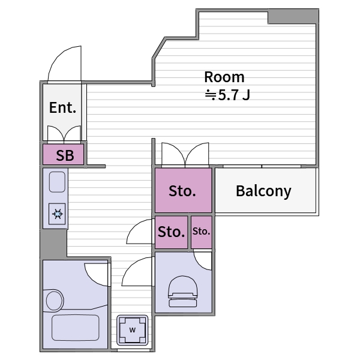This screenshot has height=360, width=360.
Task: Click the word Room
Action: pyautogui.click(x=224, y=77)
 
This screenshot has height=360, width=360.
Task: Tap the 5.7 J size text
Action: pyautogui.click(x=234, y=95)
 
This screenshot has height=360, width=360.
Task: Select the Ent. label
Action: pyautogui.click(x=62, y=107)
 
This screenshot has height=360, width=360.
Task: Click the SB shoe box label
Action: pyautogui.click(x=65, y=155)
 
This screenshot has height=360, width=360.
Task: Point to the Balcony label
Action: pyautogui.click(x=263, y=191)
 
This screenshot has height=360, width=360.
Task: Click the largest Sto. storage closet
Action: pyautogui.click(x=183, y=190)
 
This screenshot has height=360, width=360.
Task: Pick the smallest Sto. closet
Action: pyautogui.click(x=202, y=232)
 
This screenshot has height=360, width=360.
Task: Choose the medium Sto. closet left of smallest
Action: pyautogui.click(x=171, y=232)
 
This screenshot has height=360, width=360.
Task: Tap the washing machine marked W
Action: pyautogui.click(x=132, y=330)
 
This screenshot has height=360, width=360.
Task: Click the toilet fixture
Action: pyautogui.click(x=183, y=292)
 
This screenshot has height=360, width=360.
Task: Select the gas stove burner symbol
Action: pyautogui.click(x=57, y=214)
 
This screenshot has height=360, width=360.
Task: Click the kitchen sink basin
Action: pyautogui.click(x=57, y=182)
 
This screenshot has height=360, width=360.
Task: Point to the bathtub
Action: pyautogui.click(x=76, y=328)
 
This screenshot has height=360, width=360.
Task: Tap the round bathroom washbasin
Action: pyautogui.click(x=55, y=301)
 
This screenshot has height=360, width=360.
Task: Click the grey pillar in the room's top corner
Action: pyautogui.click(x=293, y=17)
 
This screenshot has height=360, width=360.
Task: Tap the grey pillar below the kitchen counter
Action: pyautogui.click(x=53, y=244)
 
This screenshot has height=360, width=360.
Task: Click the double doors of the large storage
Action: pyautogui.click(x=185, y=154)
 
